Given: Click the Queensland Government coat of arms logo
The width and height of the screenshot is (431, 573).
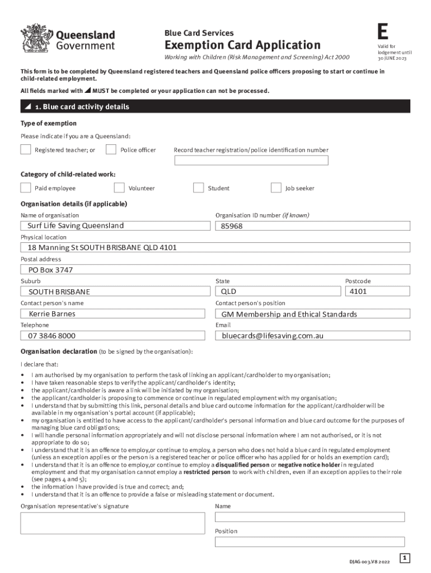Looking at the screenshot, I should (x=36, y=38).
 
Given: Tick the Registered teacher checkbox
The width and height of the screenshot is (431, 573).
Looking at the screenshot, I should (x=26, y=149).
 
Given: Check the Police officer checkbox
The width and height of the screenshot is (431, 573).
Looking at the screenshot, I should (x=111, y=149).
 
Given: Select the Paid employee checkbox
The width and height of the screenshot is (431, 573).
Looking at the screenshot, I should (x=26, y=188).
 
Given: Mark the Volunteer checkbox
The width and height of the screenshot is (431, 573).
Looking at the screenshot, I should (x=119, y=188).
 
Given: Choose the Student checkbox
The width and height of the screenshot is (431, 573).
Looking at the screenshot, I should (x=198, y=188).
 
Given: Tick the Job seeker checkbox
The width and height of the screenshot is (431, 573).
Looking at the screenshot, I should (x=276, y=188).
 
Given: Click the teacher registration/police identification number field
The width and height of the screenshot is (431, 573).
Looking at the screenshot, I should (x=251, y=161).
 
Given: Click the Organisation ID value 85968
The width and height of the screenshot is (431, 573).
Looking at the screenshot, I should (x=232, y=226).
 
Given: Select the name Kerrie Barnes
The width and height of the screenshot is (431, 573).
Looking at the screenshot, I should (x=52, y=314).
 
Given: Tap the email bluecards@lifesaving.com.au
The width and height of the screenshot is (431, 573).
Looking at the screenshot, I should (x=273, y=336).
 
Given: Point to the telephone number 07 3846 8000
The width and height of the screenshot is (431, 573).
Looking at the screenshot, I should (x=52, y=336).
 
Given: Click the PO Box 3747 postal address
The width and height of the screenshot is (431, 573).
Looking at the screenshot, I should (x=51, y=270).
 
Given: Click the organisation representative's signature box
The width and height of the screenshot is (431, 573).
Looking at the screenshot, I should (x=112, y=523).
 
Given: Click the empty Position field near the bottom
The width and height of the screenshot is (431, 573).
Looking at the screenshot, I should (x=310, y=542).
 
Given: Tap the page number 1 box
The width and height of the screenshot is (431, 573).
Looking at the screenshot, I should (x=405, y=558).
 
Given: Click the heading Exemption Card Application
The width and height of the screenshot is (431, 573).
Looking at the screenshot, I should (x=242, y=45).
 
